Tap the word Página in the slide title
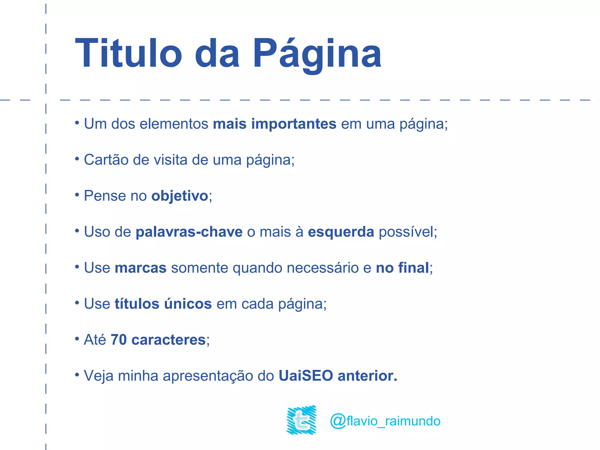tap(317, 54)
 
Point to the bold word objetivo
tap(180, 196)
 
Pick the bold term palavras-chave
tap(189, 232)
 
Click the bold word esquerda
tap(341, 232)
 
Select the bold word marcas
tap(141, 268)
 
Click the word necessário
tap(323, 268)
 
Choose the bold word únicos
tap(188, 304)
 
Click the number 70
tap(119, 340)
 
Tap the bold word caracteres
tap(168, 340)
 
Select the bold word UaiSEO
tap(306, 376)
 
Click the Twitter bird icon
tap(301, 420)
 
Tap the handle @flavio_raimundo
tap(385, 421)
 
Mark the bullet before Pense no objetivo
tap(77, 195)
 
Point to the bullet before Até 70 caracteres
tap(77, 339)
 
